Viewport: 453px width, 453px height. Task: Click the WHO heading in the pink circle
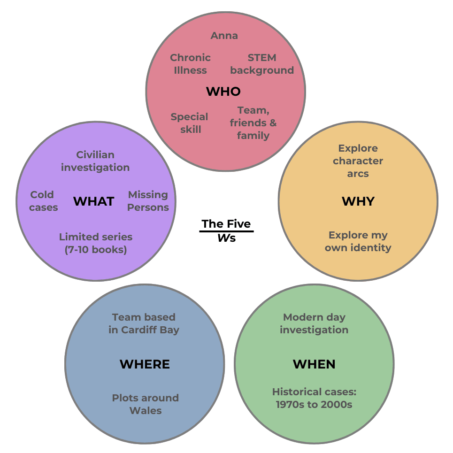point(223,91)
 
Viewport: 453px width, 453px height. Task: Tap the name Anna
point(224,36)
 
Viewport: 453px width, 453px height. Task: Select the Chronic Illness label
point(190,64)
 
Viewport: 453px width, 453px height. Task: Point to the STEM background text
point(262,64)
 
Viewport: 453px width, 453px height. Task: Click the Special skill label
point(189,123)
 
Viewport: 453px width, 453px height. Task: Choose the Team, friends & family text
point(253,123)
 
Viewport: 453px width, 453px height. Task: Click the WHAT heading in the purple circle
point(94,201)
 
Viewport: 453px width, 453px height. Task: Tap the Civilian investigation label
point(95,161)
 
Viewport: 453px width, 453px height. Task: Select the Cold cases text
point(43,201)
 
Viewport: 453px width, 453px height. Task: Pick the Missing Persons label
point(148,201)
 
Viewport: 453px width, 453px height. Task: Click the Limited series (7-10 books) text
point(96,243)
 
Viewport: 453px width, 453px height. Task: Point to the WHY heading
point(358,201)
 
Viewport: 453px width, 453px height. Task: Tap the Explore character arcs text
point(358,161)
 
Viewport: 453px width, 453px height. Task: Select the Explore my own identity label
point(358,241)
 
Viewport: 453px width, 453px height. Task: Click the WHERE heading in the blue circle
point(145,364)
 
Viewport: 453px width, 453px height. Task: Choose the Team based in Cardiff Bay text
point(144,323)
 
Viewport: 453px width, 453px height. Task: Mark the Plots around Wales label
point(145,404)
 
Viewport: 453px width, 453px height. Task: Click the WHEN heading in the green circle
point(314,364)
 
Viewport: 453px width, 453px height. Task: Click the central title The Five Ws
point(226,230)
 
